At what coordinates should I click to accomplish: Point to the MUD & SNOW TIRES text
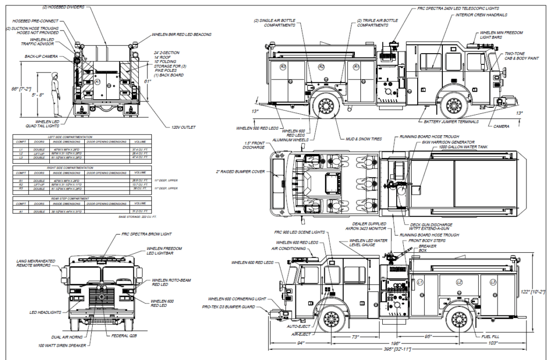pyautogui.click(x=363, y=139)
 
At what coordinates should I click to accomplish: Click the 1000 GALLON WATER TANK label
pyautogui.click(x=464, y=146)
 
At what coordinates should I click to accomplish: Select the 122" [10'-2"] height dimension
pyautogui.click(x=537, y=291)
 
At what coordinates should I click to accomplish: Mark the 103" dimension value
pyautogui.click(x=493, y=342)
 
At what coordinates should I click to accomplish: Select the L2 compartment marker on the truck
pyautogui.click(x=459, y=282)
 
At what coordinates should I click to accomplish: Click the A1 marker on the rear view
pyautogui.click(x=98, y=82)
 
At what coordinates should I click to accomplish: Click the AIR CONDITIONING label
pyautogui.click(x=289, y=249)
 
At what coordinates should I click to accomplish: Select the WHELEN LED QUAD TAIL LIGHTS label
pyautogui.click(x=41, y=124)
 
